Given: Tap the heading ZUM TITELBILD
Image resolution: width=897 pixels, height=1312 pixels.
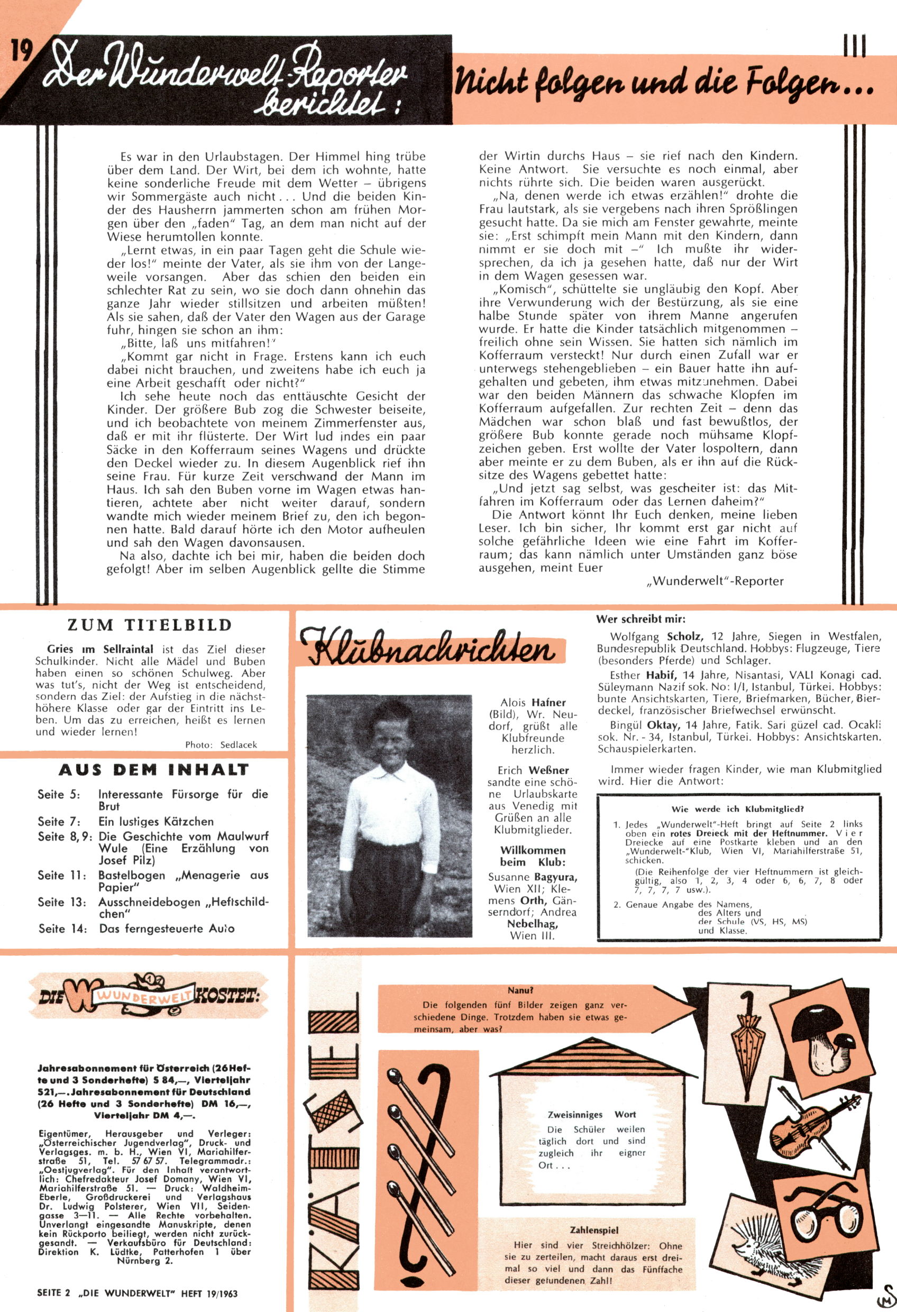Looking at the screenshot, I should coord(150,625).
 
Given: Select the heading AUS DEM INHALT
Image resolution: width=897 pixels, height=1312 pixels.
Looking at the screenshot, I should coord(153,770).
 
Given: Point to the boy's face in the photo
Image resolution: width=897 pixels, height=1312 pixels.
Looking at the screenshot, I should coord(388,735).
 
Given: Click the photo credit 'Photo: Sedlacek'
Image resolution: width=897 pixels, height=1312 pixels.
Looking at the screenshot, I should coord(221,745).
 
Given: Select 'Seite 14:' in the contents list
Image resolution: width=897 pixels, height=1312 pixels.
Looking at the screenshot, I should coord(62,928).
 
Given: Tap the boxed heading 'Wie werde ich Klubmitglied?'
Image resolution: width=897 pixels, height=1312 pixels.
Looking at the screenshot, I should coord(738,808).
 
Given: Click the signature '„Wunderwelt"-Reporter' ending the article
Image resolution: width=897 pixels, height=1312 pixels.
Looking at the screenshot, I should coord(715,581).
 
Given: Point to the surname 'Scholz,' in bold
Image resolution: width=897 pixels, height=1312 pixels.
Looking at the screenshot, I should coord(685,636).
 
